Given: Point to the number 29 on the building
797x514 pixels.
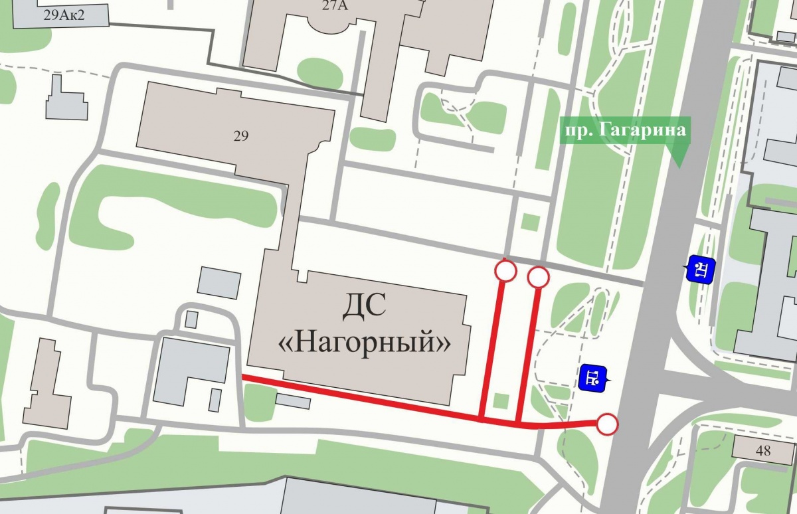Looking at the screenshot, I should click(x=241, y=136).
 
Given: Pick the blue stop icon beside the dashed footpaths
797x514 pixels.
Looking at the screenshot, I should click(x=592, y=379).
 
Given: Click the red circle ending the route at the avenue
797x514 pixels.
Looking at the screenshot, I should click(x=607, y=424).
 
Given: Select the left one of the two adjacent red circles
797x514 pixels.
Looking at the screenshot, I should click(x=506, y=271).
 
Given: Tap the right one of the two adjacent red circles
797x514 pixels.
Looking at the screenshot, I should click(x=538, y=276).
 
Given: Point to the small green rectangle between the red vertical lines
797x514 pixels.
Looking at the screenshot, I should click(x=502, y=401).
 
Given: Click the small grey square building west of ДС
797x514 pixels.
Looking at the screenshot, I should click(x=219, y=282).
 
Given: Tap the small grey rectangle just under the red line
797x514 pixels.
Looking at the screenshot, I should click(x=292, y=400).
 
